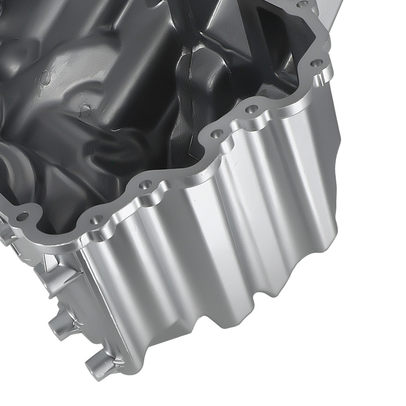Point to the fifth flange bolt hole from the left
(x=251, y=109)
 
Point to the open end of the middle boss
(x=55, y=328)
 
